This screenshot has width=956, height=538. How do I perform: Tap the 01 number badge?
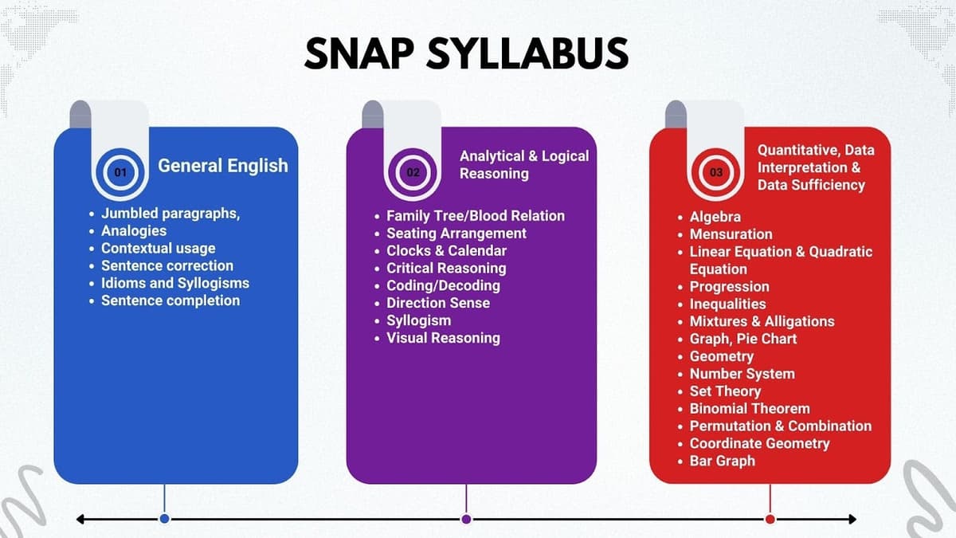(x=120, y=171)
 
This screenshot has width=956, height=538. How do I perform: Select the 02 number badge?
(x=413, y=171)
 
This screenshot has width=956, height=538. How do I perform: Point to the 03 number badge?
(x=717, y=171)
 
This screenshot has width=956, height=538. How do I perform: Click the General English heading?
(x=223, y=166)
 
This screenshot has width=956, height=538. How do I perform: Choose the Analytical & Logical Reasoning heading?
(x=523, y=164)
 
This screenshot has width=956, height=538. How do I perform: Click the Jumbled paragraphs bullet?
(x=170, y=214)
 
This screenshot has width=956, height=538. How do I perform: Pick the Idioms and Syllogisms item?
(x=174, y=283)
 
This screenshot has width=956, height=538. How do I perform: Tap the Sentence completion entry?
(x=170, y=300)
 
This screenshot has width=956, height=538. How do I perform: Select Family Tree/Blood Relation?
(x=475, y=216)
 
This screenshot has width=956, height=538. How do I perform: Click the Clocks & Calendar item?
(x=446, y=251)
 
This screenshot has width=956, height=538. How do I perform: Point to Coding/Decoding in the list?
(x=443, y=285)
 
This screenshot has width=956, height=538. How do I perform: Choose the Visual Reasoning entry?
(x=443, y=338)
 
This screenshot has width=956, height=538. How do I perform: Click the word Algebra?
(x=715, y=217)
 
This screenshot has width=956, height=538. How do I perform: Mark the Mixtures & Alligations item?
(x=762, y=321)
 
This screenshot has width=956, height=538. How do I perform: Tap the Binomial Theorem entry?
(x=749, y=408)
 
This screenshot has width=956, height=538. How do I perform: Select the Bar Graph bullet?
(x=722, y=461)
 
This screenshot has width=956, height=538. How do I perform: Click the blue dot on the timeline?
(x=164, y=519)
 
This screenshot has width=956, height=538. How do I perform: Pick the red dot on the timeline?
(x=770, y=519)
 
